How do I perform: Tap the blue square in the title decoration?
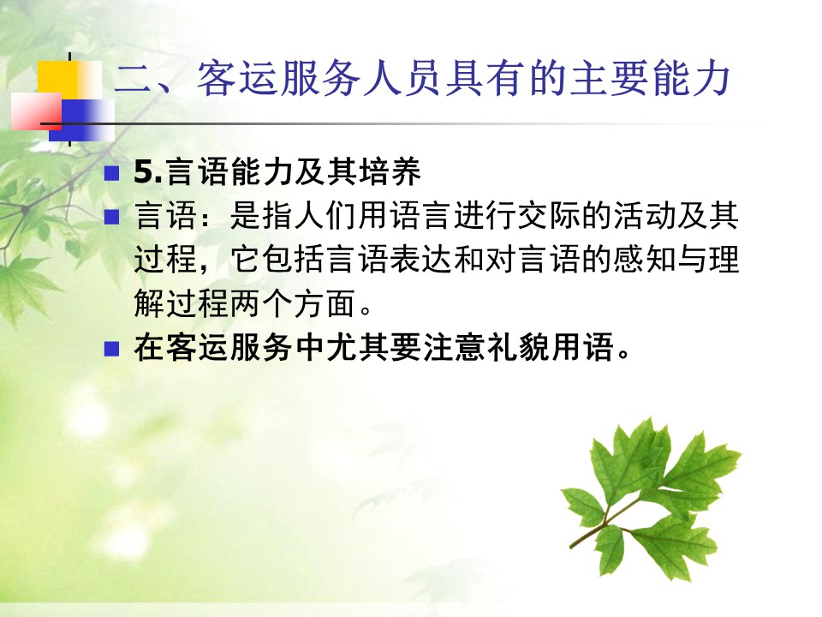84,120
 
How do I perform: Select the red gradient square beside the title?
37,111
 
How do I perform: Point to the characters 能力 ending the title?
690,79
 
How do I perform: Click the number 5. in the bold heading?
149,171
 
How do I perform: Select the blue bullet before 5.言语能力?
111,173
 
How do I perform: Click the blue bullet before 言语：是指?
111,217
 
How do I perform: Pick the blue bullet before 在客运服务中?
111,349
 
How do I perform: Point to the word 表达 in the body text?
421,259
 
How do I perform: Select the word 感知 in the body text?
644,259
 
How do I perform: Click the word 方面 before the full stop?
325,303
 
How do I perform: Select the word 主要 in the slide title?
607,79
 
